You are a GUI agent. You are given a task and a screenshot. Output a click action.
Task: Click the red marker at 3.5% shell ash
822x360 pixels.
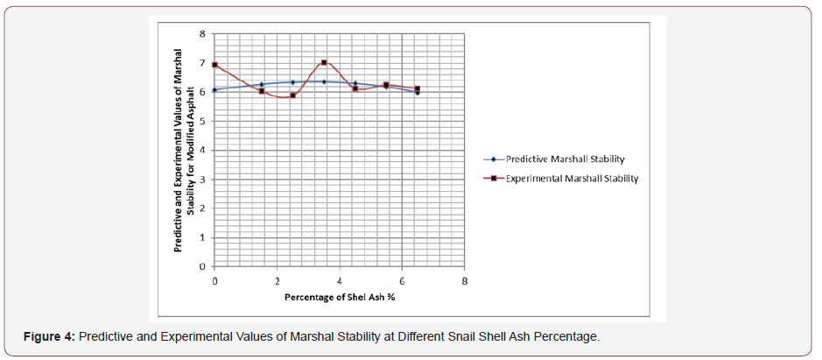tap(324, 62)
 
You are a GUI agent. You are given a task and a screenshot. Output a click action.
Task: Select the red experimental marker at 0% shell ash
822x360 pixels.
tap(214, 65)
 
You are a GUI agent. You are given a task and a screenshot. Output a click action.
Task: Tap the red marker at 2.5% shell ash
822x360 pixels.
tap(292, 95)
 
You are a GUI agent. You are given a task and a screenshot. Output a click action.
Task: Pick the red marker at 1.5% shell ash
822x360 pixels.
tap(262, 91)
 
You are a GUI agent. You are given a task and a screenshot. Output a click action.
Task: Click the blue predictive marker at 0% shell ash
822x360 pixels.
tap(214, 89)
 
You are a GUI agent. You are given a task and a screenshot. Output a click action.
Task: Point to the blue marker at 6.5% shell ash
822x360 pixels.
tap(418, 92)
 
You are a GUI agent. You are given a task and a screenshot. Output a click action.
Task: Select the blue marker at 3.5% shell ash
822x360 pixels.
tap(324, 81)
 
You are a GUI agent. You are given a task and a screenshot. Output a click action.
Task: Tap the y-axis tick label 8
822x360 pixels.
tap(203, 33)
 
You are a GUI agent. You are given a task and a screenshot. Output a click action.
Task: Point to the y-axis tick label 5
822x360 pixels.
tap(203, 121)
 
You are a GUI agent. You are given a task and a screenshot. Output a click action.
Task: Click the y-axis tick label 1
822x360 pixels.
tap(203, 237)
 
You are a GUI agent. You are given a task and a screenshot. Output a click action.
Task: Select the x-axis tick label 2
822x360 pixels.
tap(278, 280)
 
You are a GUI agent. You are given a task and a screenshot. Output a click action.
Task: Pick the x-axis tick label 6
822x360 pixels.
tap(402, 280)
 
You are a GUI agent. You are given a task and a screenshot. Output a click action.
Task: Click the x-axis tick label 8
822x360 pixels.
tap(465, 280)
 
